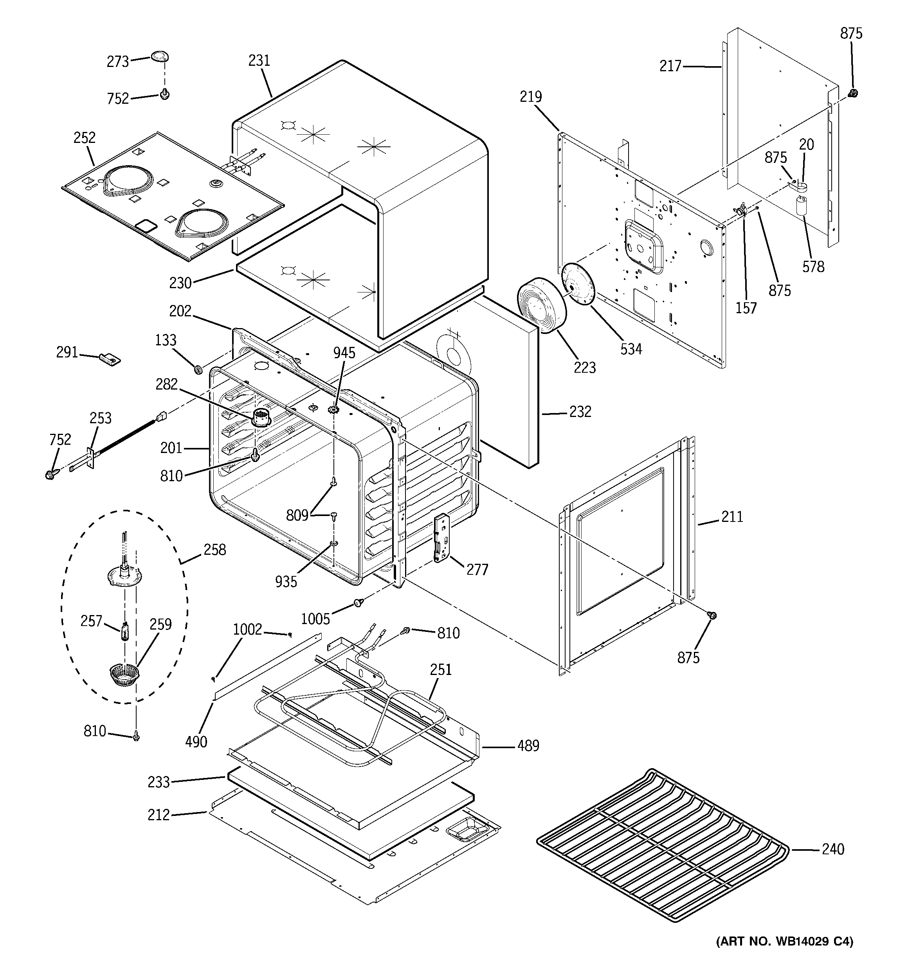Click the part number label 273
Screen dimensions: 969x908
tap(117, 61)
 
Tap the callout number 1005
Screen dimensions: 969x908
tap(315, 619)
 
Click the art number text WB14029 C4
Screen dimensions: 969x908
tap(784, 955)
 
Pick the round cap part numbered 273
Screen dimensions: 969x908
tap(159, 56)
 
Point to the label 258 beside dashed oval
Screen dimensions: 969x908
tap(214, 549)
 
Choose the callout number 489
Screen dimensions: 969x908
tap(528, 745)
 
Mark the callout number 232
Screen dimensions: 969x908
tap(580, 411)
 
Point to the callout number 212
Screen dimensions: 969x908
tap(159, 814)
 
